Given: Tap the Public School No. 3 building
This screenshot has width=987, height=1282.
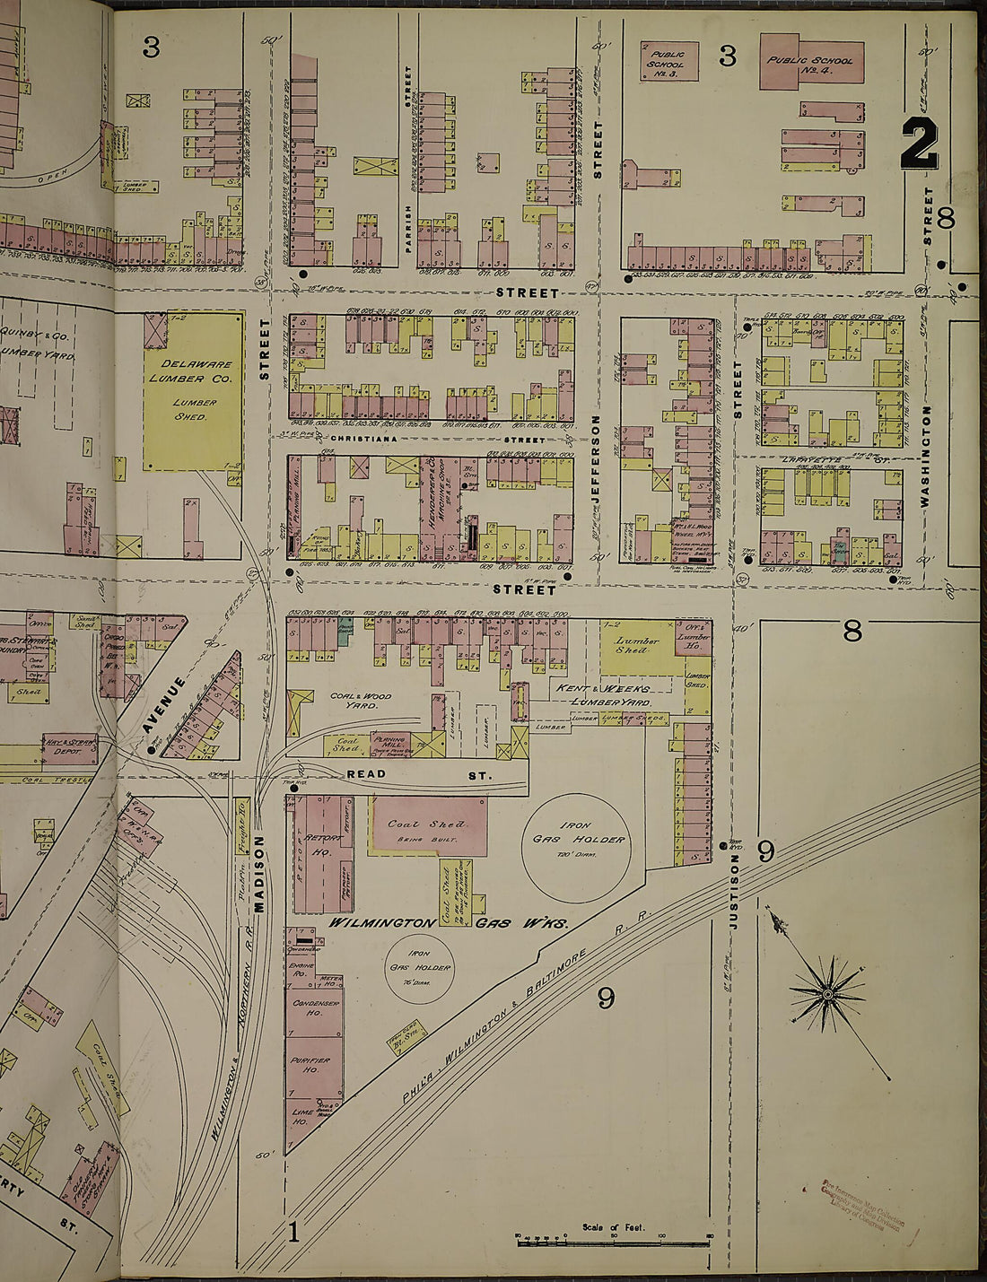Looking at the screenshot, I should click(x=668, y=61).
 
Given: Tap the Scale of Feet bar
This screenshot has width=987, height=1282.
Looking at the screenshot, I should click(x=613, y=1238).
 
